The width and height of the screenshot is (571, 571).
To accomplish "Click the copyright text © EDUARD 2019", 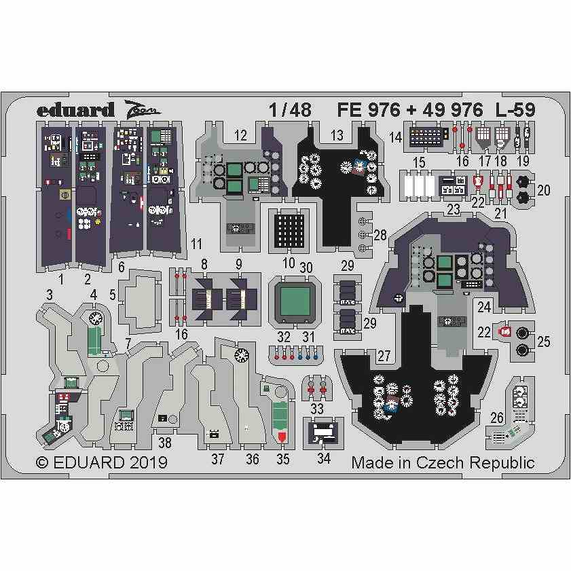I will coord(101,463).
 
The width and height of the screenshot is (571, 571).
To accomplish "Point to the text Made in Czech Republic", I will coord(443,463).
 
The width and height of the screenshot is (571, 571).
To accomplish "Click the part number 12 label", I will coord(240,136).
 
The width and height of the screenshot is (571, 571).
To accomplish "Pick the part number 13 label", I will coord(337,136).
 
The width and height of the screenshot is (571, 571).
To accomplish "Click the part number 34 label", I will coord(324,458).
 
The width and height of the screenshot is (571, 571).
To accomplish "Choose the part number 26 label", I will coord(497,418).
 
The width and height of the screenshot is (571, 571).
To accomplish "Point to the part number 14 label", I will coord(396,138).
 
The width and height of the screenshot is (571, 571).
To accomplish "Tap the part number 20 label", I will coord(543,190).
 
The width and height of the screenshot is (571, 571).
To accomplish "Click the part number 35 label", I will coord(282,458).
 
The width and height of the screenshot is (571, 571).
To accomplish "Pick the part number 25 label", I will coord(543,342).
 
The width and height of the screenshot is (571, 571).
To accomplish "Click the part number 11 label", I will coord(197,243).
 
